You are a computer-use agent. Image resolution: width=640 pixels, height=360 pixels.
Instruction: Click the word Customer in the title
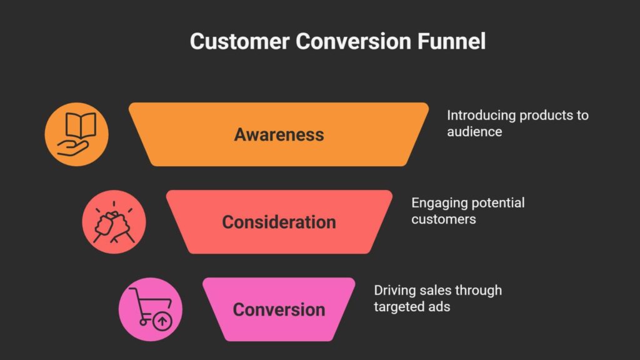(239, 42)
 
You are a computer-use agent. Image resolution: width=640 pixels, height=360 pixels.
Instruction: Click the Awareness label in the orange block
(279, 134)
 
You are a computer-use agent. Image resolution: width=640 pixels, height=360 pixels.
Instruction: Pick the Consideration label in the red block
(279, 222)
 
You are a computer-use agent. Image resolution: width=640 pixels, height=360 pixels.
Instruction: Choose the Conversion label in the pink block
(279, 309)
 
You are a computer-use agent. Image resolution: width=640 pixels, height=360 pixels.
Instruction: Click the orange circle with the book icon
(76, 134)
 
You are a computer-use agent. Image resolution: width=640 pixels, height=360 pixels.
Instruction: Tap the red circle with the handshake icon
(114, 222)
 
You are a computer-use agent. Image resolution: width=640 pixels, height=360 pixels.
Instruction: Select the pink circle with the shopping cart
(151, 309)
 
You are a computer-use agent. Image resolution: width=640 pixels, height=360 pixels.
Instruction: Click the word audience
(474, 132)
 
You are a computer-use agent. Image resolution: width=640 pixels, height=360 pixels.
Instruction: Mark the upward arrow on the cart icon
(162, 322)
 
